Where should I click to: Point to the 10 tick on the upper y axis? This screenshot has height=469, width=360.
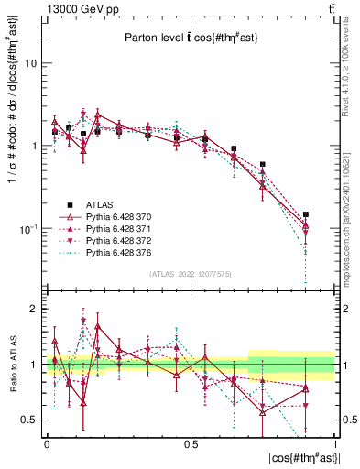coord(30,64)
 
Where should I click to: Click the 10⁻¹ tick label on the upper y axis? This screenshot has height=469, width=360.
coord(27,228)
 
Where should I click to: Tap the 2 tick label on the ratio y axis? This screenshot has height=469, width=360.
coord(33,310)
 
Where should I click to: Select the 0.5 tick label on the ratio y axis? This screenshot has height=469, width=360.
coord(28,420)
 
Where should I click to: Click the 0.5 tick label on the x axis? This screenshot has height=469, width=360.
coord(191,443)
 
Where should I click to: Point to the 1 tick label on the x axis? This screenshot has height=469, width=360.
coord(336,443)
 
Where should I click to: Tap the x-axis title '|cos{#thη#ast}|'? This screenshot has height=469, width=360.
coord(301,458)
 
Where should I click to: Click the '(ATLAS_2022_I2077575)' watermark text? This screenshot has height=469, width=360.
coord(191,273)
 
